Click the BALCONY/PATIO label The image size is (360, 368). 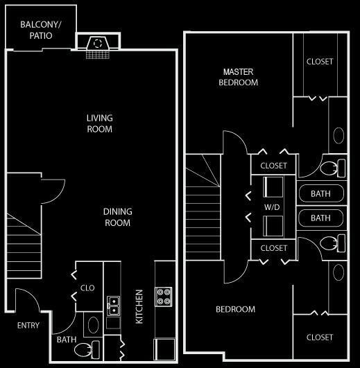[x=41, y=30]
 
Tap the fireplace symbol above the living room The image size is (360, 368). [x=98, y=46]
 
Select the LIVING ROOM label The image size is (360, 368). [x=100, y=123]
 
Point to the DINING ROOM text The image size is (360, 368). [x=118, y=217]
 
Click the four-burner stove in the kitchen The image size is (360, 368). [x=164, y=297]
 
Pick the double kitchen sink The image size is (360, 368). [x=114, y=306]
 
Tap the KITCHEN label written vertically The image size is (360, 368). [x=139, y=307]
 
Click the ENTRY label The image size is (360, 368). [x=28, y=325]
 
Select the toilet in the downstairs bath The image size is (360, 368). [x=87, y=349]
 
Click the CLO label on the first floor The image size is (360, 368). [x=87, y=288]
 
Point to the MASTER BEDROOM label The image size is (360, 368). [x=238, y=77]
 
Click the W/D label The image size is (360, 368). [x=272, y=207]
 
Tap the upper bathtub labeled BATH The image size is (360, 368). [x=321, y=193]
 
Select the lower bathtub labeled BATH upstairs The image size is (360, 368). [x=320, y=218]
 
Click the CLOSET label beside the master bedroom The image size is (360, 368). [x=320, y=62]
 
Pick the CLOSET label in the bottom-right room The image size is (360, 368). [x=320, y=338]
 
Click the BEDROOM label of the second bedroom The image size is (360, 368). [x=236, y=309]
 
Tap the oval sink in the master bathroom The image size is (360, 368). [x=338, y=135]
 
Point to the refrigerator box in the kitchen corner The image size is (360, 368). [x=164, y=349]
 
